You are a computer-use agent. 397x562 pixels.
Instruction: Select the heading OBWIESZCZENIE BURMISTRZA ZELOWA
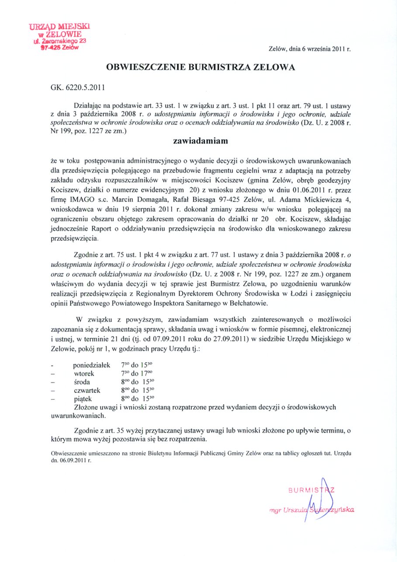click(x=200, y=67)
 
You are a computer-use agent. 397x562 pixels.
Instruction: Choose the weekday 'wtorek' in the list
click(x=84, y=373)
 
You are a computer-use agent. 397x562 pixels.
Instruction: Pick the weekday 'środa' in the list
click(x=82, y=382)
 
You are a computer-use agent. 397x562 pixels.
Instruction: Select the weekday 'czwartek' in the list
click(x=87, y=390)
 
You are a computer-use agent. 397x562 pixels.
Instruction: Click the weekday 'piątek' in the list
click(x=83, y=399)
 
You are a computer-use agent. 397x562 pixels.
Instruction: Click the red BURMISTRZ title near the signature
click(x=311, y=489)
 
